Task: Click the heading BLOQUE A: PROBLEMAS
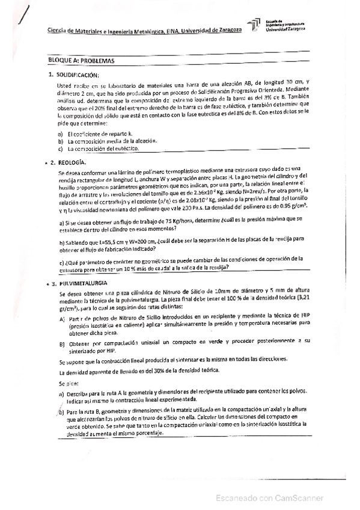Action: point(82,61)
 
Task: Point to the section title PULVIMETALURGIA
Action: point(85,283)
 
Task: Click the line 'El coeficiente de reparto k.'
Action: point(100,134)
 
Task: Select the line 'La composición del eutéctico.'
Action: point(103,148)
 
